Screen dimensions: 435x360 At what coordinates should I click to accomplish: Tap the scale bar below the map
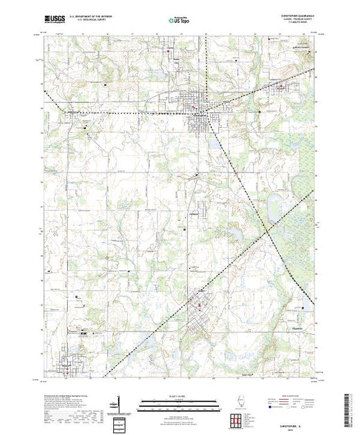click(172, 404)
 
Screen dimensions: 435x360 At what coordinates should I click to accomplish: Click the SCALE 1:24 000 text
click(172, 397)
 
